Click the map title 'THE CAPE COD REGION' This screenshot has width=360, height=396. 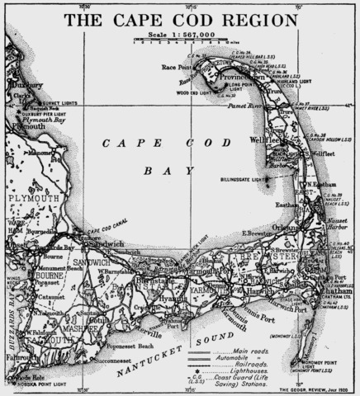pyautogui.click(x=180, y=19)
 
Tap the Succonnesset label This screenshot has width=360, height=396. pyautogui.click(x=116, y=361)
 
